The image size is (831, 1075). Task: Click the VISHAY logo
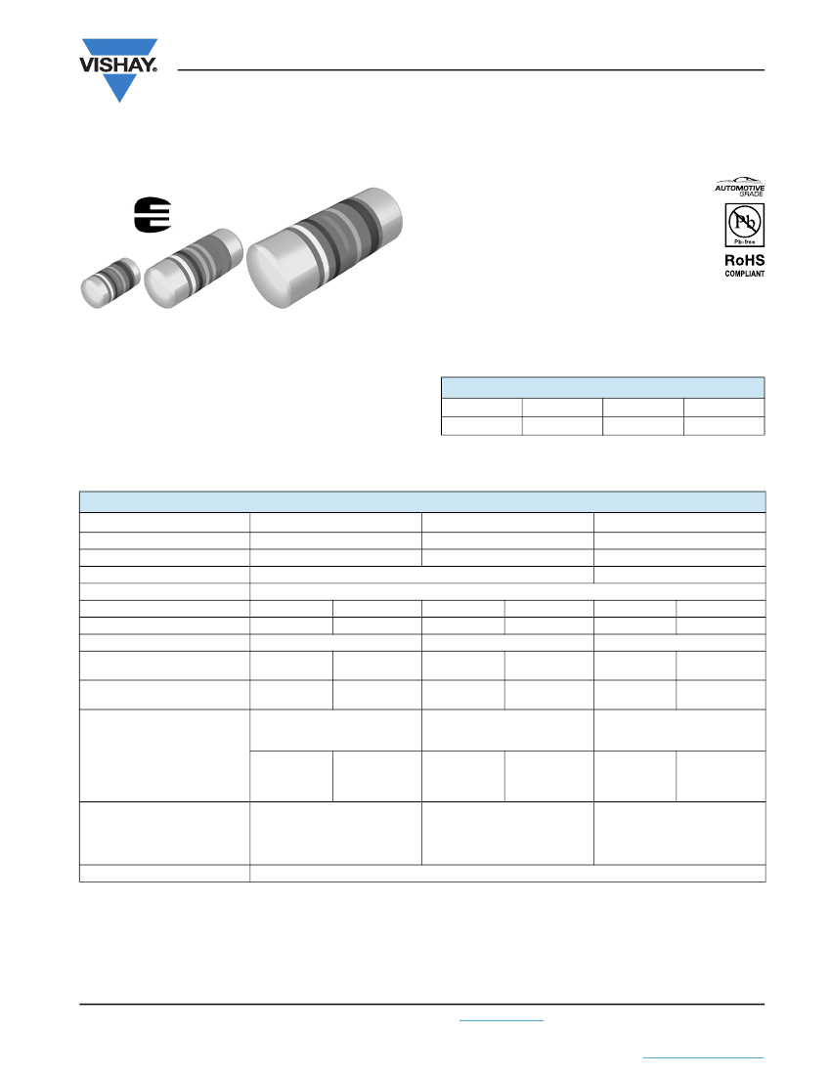tap(119, 69)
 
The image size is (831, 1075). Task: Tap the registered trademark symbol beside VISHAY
tap(154, 69)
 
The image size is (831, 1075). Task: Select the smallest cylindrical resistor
tap(110, 282)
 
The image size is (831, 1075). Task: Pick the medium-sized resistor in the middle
tap(194, 268)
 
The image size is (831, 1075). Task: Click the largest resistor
tap(325, 247)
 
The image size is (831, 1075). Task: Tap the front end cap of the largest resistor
tap(275, 274)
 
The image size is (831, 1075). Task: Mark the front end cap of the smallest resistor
tap(94, 293)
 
